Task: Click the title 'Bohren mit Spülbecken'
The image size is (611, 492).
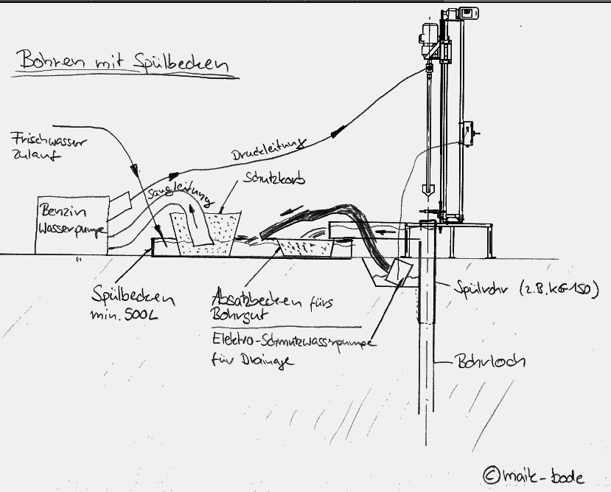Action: pos(121,62)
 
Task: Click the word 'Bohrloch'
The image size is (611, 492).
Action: pos(483,363)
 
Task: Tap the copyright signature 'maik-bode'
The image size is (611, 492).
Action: pos(534,475)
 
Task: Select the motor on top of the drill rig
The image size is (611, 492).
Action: pos(429,33)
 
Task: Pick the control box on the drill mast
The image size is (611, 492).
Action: pos(467,132)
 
